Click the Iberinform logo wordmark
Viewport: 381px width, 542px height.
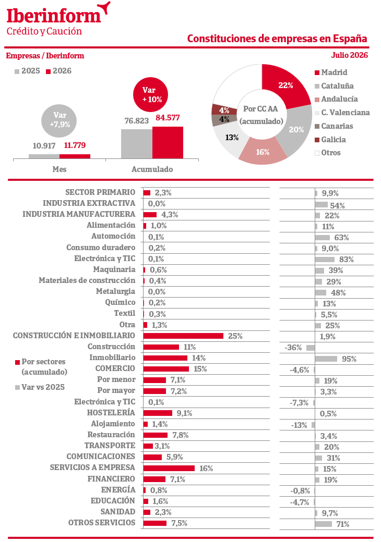click(54, 16)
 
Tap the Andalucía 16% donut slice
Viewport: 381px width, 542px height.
click(263, 152)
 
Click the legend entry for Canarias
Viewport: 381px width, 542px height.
click(334, 126)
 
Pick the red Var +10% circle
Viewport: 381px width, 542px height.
click(150, 94)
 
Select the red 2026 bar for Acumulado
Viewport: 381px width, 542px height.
click(168, 142)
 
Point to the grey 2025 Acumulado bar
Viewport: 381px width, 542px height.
click(137, 144)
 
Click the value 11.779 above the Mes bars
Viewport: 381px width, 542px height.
click(75, 145)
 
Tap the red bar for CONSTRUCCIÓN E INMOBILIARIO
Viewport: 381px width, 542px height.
click(183, 336)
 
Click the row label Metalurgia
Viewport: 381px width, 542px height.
click(115, 291)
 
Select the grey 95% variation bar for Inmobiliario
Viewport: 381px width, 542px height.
click(326, 359)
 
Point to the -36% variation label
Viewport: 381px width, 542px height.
click(293, 348)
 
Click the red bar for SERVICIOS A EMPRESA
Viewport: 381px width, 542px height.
click(169, 468)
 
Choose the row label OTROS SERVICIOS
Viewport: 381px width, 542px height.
click(102, 522)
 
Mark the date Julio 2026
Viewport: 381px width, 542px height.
click(350, 55)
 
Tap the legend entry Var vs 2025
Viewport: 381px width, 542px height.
click(40, 387)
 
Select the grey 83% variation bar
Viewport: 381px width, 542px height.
click(325, 259)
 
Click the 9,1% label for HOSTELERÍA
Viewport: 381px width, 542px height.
click(184, 413)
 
